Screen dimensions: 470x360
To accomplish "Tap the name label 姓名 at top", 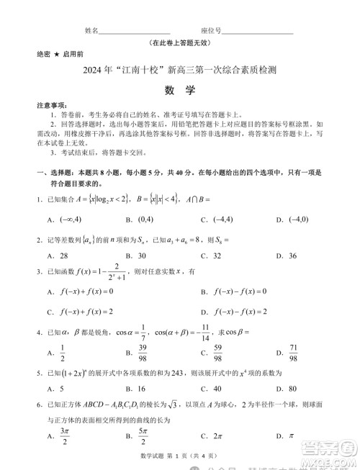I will [91, 31].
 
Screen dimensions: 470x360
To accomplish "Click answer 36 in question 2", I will [292, 256].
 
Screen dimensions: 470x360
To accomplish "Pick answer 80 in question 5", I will [292, 391].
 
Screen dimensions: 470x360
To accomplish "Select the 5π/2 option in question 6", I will [142, 436].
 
